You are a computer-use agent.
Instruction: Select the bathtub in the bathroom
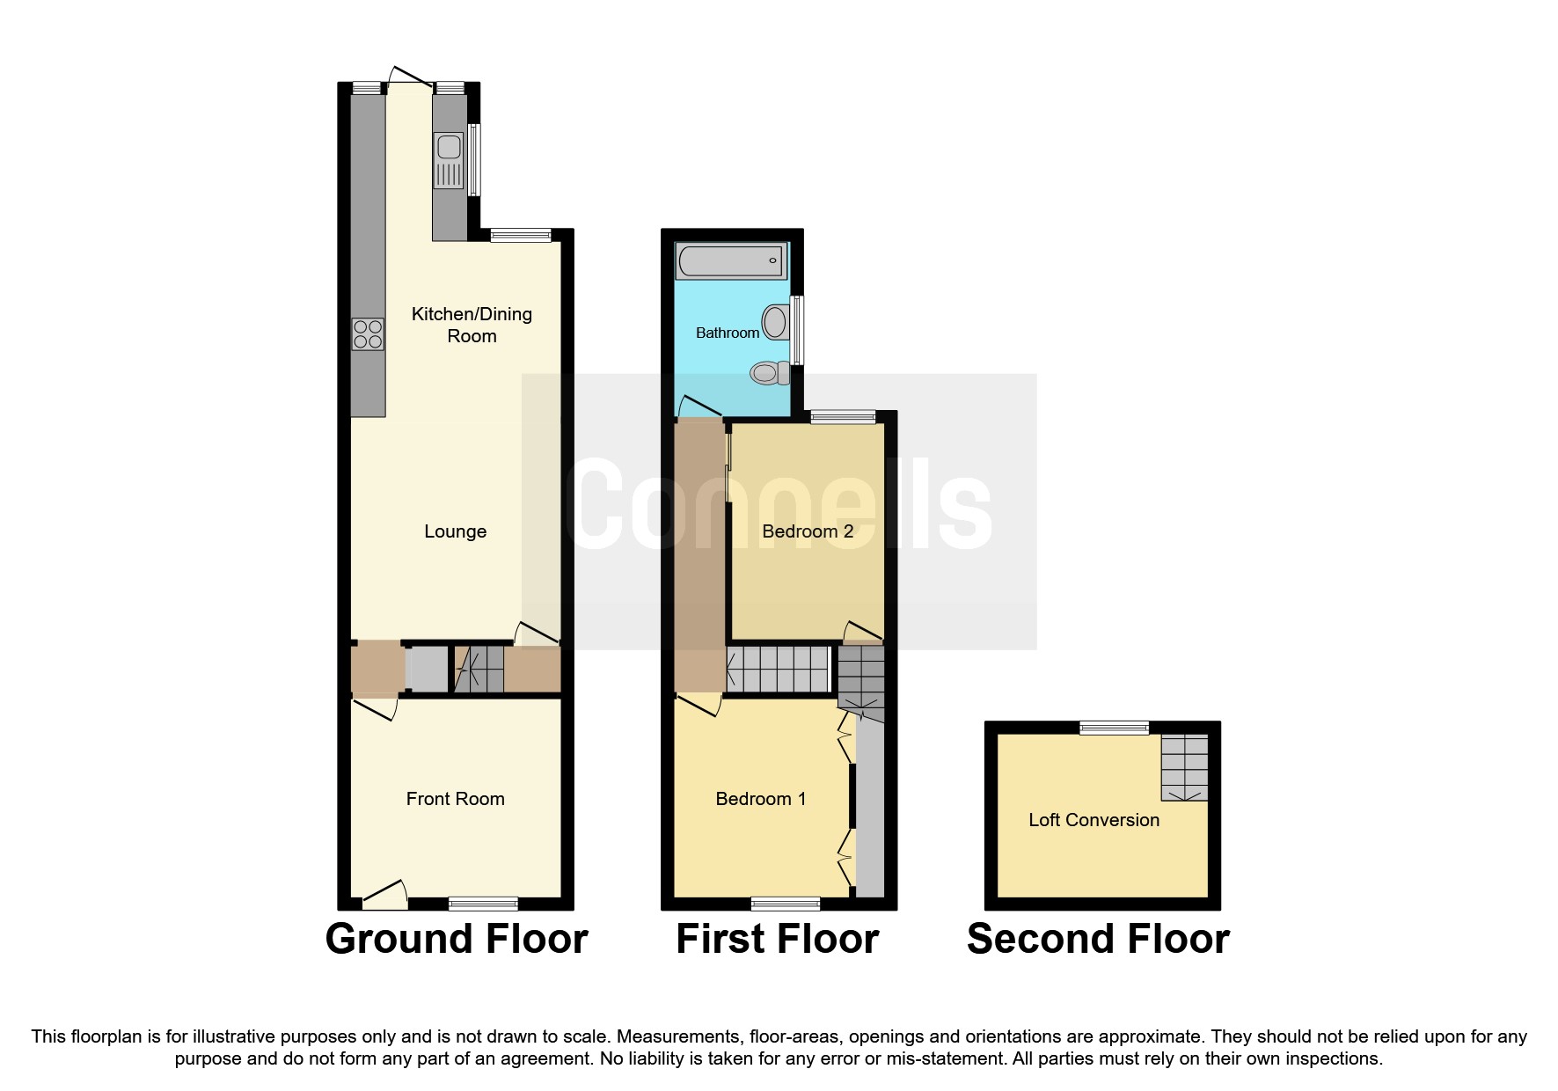[729, 261]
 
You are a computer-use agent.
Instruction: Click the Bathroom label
[727, 333]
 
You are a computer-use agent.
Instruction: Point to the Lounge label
[455, 531]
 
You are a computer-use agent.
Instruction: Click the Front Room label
[455, 799]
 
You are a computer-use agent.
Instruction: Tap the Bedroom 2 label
[807, 531]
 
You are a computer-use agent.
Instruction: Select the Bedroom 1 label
[760, 799]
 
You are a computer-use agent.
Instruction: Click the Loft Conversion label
[1094, 820]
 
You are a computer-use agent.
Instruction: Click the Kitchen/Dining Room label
[472, 325]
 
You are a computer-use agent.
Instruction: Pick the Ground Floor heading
[456, 939]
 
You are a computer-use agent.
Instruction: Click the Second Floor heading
[1097, 939]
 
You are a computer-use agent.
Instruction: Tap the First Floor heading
[777, 939]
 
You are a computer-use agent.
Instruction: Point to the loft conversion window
[1115, 728]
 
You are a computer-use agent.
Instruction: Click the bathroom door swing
[699, 407]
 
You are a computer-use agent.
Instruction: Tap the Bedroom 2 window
[842, 417]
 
